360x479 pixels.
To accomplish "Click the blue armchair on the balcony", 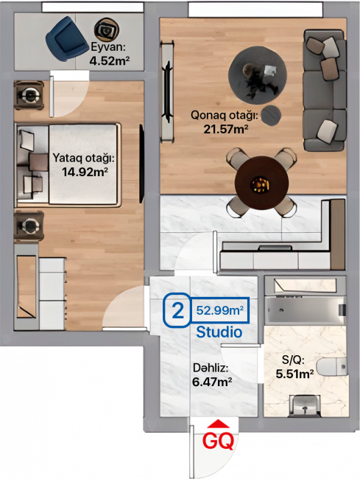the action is [x=66, y=39].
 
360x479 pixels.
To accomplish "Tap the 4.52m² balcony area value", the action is [x=110, y=60].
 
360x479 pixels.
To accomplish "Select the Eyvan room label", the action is [x=108, y=47].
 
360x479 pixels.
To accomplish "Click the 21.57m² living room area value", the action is [x=226, y=129].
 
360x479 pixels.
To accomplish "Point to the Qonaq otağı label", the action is [x=225, y=116].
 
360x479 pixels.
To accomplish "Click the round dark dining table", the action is [x=261, y=183].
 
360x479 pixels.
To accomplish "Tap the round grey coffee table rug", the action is [x=258, y=75].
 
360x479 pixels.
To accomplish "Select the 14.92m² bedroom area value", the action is [x=85, y=172].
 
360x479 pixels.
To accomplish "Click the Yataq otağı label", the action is [x=84, y=158].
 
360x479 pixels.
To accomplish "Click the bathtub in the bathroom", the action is [x=305, y=310].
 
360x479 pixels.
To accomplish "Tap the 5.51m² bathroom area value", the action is [x=295, y=374].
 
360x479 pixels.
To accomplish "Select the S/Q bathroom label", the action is [x=293, y=360].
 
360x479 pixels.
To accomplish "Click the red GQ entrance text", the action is [x=219, y=441].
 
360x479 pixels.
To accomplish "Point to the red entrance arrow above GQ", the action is [x=218, y=424].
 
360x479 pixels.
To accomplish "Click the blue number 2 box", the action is [x=178, y=310].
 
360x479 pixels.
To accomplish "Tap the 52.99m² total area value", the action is [x=219, y=310].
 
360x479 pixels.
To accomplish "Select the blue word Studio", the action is [x=219, y=332].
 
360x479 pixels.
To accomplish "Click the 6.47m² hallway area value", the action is [x=212, y=382].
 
